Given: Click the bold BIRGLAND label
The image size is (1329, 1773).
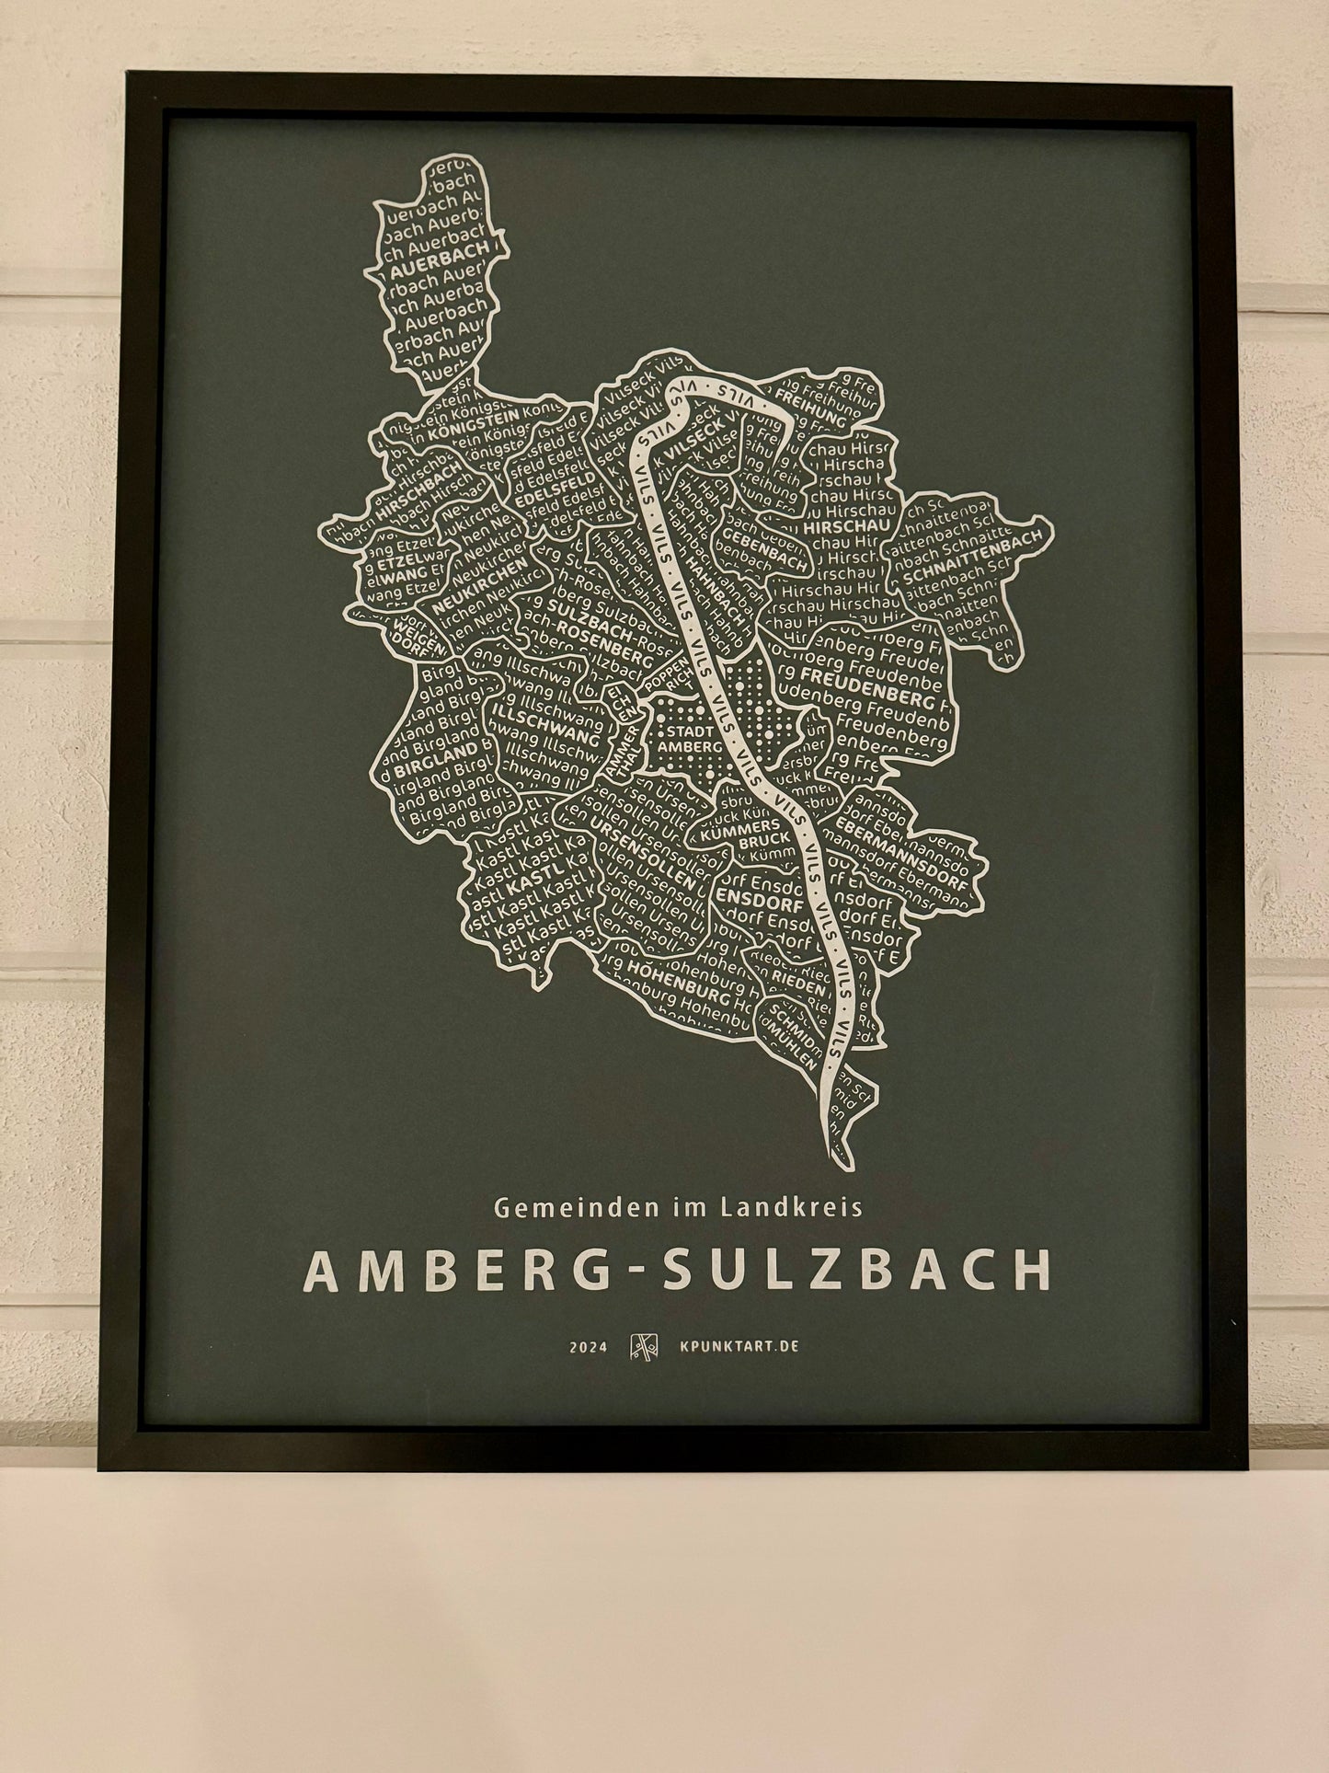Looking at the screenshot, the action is click(439, 757).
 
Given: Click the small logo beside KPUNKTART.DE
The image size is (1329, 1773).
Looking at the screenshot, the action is click(642, 1347).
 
